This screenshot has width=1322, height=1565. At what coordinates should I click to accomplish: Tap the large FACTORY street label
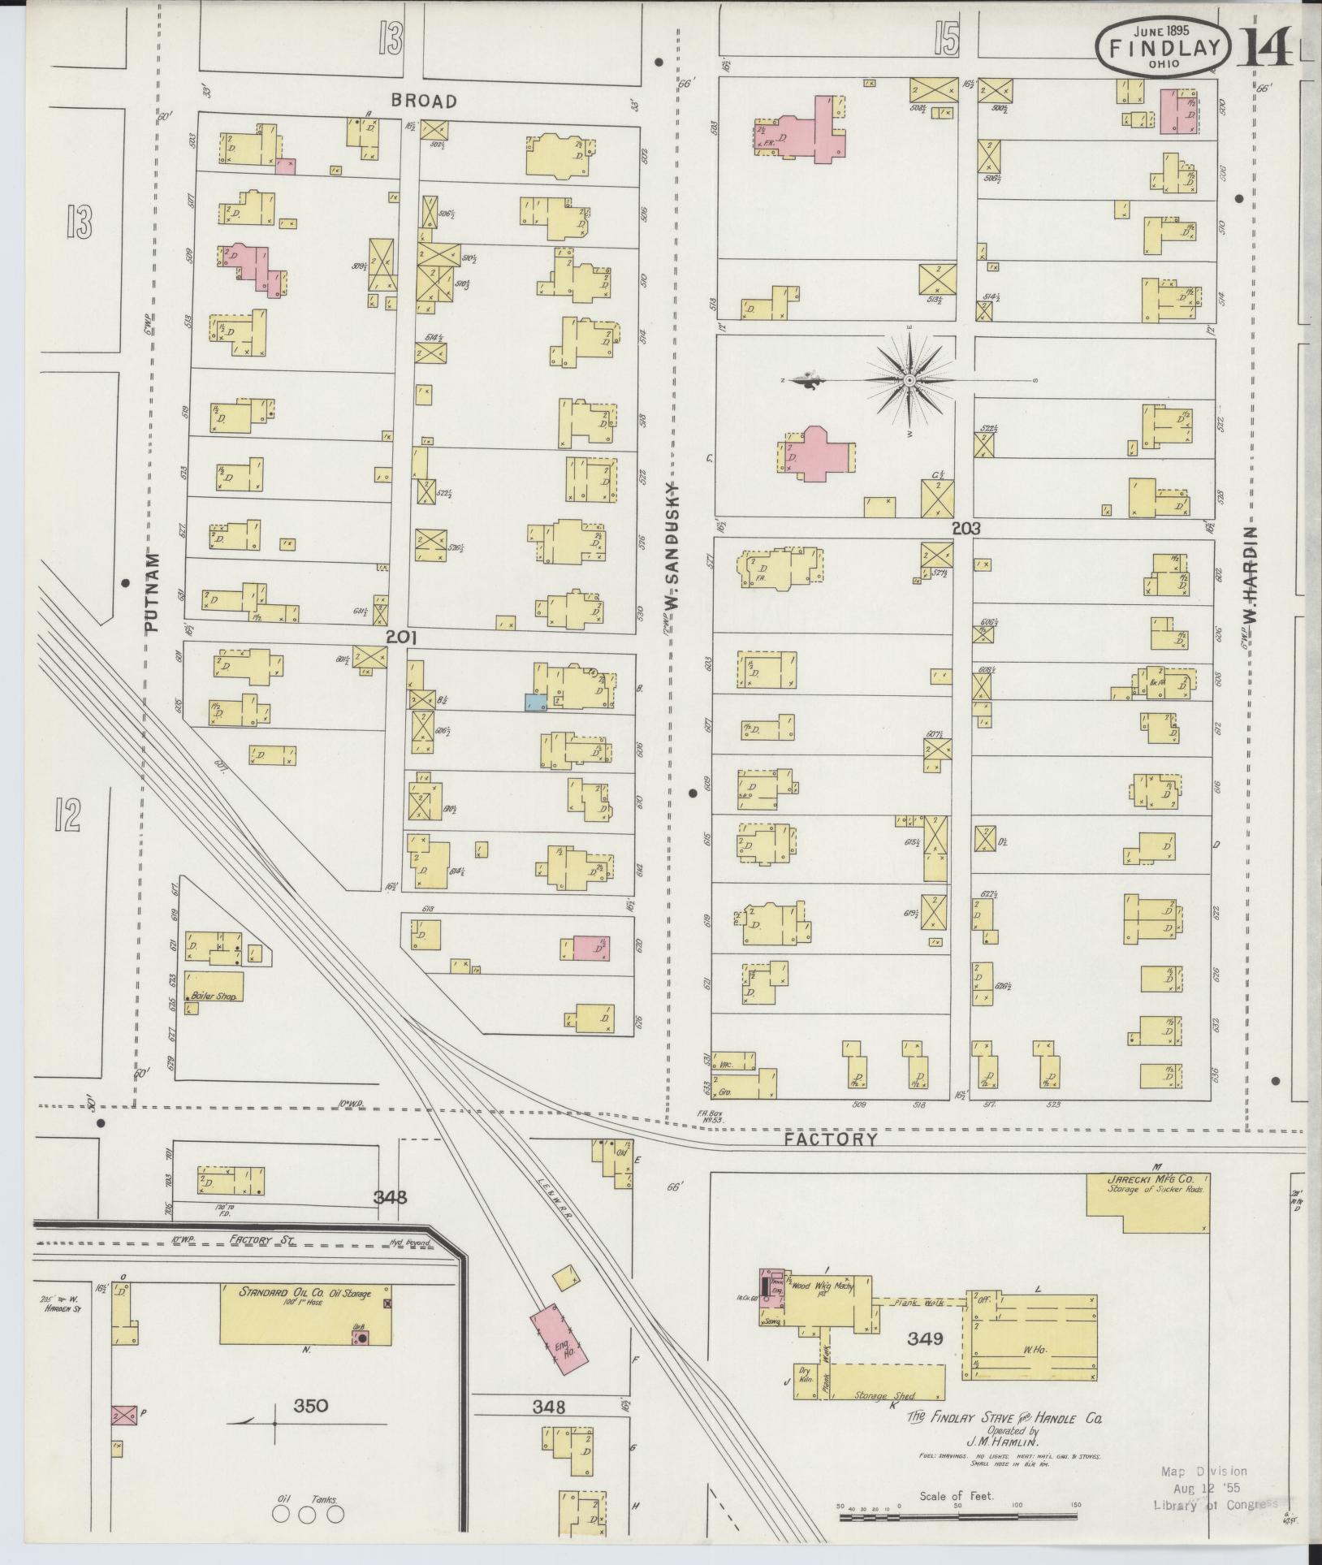coord(831,1139)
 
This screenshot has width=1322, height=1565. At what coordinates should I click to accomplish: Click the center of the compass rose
coord(909,380)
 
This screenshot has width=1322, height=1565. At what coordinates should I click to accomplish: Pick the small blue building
coord(534,703)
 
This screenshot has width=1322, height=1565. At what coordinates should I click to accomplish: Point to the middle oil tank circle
coord(307,1515)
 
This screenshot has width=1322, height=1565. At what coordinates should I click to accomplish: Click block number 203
coord(966,528)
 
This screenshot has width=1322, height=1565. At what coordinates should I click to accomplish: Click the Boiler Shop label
coord(214,996)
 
